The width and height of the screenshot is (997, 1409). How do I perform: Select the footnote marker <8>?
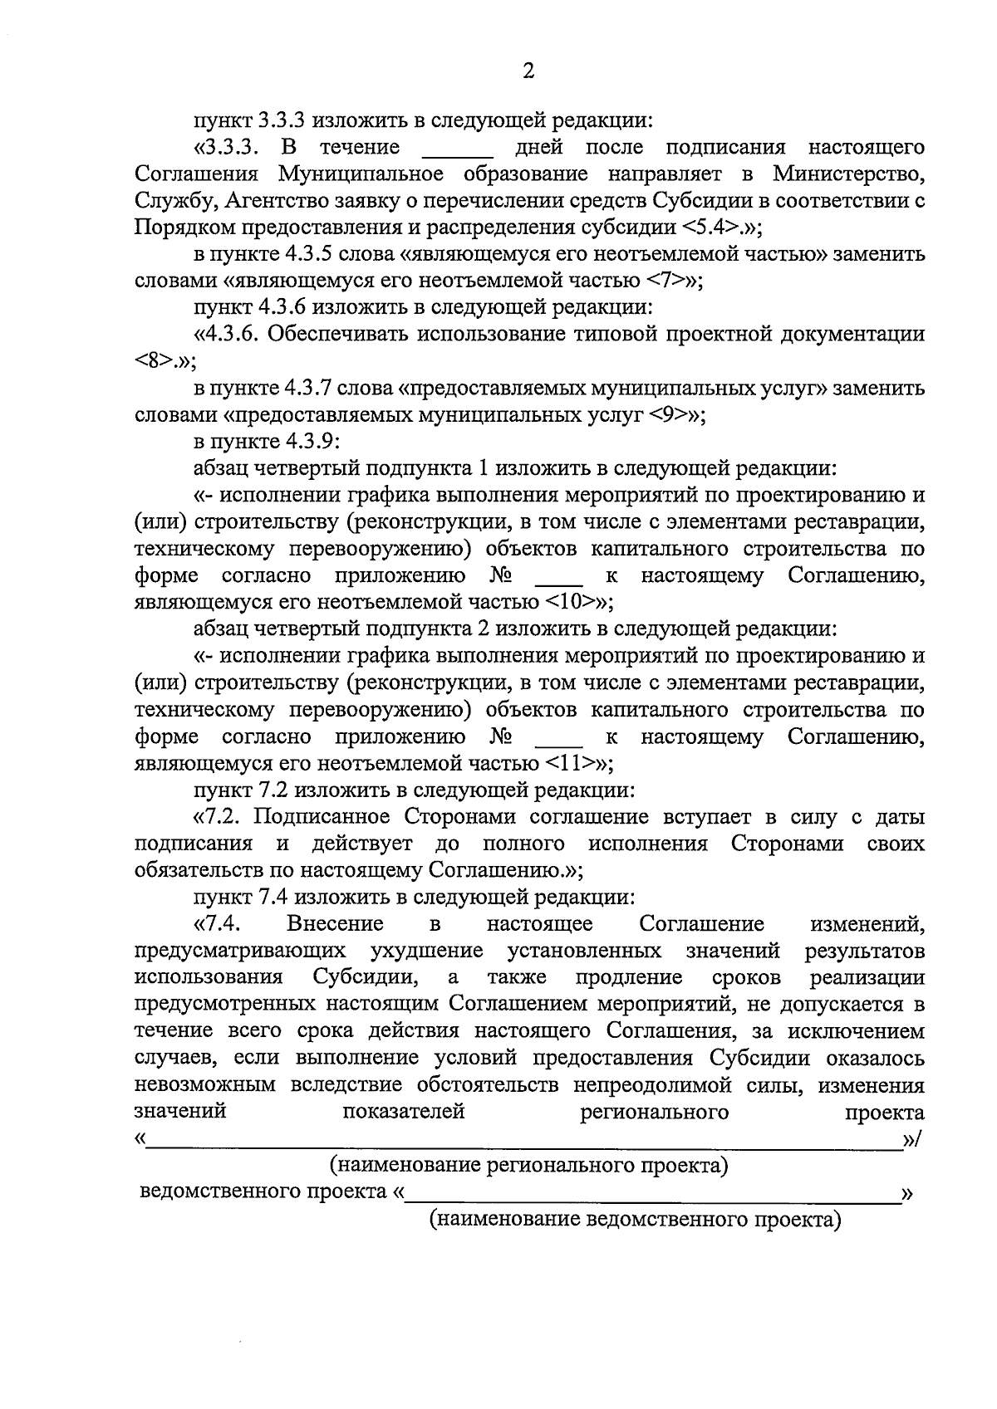152,362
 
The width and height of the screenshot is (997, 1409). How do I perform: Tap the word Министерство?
847,174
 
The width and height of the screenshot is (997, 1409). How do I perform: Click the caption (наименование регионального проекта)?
528,1166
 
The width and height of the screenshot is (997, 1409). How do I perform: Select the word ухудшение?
427,951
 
